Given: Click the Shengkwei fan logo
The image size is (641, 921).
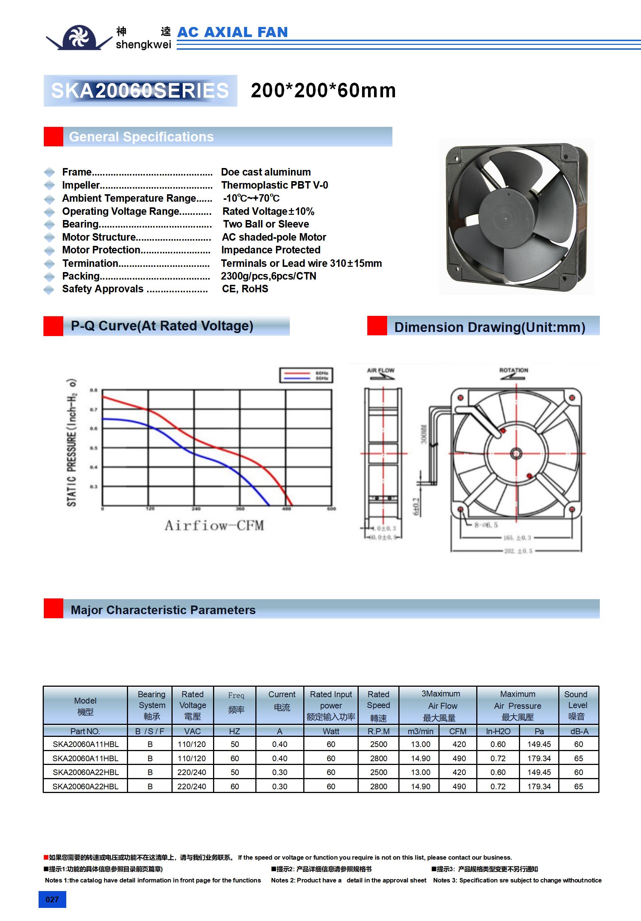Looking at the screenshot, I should tap(79, 38).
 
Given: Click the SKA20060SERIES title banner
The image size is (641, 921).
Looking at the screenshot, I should tap(140, 91).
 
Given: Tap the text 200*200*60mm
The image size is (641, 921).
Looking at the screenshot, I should tap(323, 91).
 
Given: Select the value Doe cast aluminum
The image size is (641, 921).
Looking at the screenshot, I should tap(266, 172).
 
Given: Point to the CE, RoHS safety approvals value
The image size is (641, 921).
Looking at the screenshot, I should tap(245, 289).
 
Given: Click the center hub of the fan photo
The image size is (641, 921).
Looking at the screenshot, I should tap(506, 219).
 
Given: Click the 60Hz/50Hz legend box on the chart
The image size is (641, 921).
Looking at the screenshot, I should tap(306, 375).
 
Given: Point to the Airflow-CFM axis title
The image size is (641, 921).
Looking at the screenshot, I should tap(214, 525).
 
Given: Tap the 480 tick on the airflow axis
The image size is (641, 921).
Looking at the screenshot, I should tap(286, 509).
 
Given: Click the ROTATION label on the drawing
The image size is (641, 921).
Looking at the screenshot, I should tap(513, 370).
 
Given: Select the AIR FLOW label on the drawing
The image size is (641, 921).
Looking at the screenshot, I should tap(380, 370).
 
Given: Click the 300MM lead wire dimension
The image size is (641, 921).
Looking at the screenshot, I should tap(424, 434).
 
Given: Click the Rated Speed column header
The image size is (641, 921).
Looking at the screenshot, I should tap(378, 705).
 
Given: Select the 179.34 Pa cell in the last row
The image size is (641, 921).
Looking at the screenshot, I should tap(539, 787).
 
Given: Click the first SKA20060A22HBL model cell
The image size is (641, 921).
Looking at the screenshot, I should tap(85, 772).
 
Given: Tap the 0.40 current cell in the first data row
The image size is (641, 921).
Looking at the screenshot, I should tap(279, 744).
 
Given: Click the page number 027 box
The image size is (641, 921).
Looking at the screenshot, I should tap(52, 899).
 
